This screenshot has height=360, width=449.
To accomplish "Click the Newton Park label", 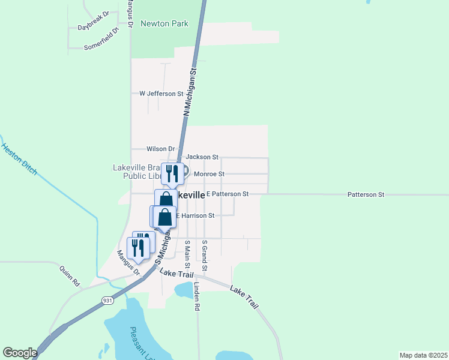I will coord(164,24).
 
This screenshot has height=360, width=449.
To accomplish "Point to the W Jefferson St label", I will coord(161,94).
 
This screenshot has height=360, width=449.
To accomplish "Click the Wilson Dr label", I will coord(160,149).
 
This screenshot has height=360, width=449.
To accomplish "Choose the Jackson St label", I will coord(202,157).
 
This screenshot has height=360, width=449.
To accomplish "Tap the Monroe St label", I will coord(209,174).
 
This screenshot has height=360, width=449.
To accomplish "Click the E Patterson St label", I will coord(227,194).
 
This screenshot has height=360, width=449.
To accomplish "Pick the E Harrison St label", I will coord(194,215).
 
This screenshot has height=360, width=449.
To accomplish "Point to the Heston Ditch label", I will coord(19,159).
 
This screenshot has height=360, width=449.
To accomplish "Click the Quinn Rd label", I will coord(69,275).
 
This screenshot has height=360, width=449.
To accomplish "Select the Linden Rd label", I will coord(196,296).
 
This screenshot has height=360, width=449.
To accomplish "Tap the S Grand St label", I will coord(205,254).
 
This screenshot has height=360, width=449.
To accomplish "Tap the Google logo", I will coord(20,353).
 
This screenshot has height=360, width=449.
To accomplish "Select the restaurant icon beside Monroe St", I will coord(172,173).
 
